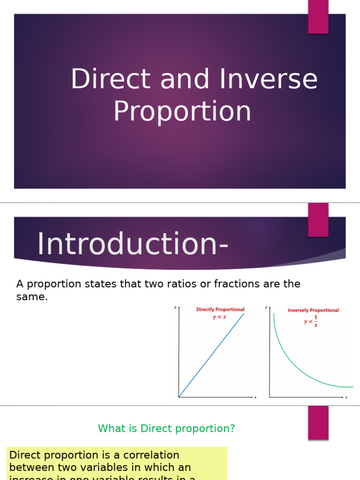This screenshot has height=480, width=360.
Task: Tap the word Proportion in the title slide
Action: click(182, 111)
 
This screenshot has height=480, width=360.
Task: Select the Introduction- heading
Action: click(133, 244)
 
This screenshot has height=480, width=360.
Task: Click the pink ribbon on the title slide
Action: click(318, 17)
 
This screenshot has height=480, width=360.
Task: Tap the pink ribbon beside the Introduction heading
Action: click(318, 220)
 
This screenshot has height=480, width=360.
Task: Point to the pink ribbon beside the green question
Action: click(318, 422)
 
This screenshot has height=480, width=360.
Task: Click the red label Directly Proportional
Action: click(220, 309)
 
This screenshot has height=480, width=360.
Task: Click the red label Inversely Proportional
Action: click(313, 310)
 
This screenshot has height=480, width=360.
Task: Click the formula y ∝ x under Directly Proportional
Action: click(219, 317)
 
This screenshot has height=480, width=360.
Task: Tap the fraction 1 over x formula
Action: click(312, 321)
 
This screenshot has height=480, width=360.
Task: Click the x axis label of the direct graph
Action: click(255, 397)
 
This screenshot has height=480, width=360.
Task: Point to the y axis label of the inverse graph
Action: click(266, 307)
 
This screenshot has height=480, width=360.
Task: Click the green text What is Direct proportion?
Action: click(166, 428)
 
